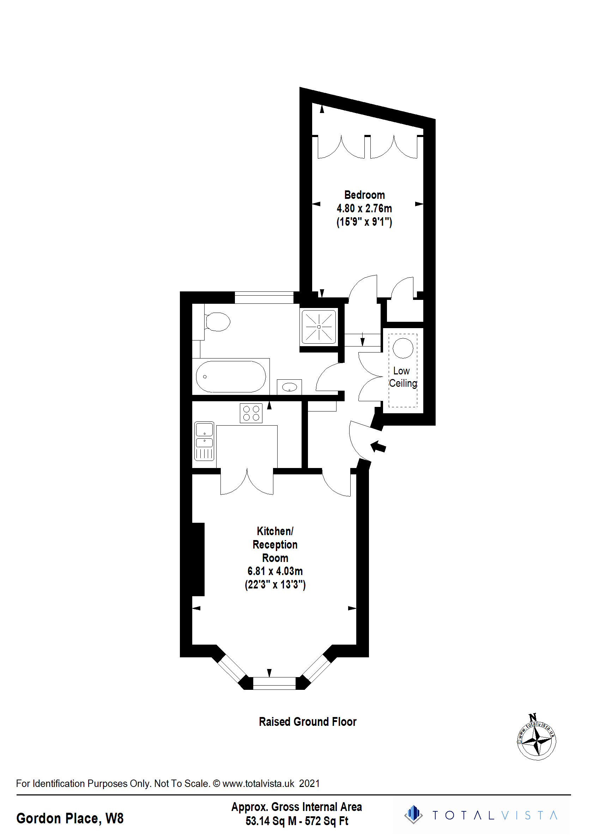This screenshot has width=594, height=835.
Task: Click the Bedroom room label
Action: pyautogui.click(x=364, y=195)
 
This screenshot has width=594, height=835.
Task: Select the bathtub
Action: pyautogui.click(x=231, y=377)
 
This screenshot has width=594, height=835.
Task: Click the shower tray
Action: pyautogui.click(x=319, y=327)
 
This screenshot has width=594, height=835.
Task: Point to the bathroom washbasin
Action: pyautogui.click(x=289, y=387)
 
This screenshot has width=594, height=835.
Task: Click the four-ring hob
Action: pyautogui.click(x=251, y=413)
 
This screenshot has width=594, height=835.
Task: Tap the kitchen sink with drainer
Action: pyautogui.click(x=204, y=441)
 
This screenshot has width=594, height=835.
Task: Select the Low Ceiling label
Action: pyautogui.click(x=403, y=377)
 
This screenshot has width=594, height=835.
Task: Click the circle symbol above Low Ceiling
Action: pyautogui.click(x=403, y=348)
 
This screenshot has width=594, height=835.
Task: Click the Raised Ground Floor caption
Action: pyautogui.click(x=308, y=722)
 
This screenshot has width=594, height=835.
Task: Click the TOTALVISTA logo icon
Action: pyautogui.click(x=413, y=815)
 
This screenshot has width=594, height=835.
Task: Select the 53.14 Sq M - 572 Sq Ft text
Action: pyautogui.click(x=297, y=821)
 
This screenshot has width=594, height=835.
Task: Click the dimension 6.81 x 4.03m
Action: pyautogui.click(x=275, y=571)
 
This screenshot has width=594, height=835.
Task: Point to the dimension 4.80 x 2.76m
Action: pyautogui.click(x=364, y=208)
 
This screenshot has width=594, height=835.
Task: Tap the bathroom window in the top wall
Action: pyautogui.click(x=264, y=297)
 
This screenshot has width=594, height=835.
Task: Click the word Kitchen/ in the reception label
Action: pyautogui.click(x=275, y=531)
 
